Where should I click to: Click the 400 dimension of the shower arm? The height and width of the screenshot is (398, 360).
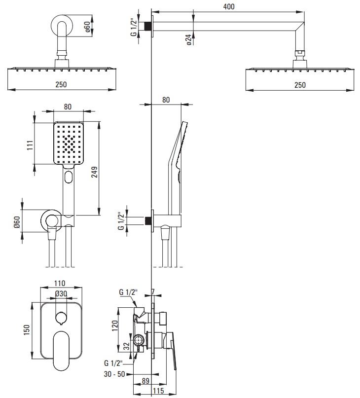tap(228, 6)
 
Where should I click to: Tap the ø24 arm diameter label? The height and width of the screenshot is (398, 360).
tap(189, 40)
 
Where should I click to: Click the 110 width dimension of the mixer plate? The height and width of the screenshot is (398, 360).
tap(60, 284)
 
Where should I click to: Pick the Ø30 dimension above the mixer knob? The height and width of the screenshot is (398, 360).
tap(61, 293)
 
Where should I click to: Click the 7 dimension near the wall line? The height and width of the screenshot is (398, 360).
tap(153, 292)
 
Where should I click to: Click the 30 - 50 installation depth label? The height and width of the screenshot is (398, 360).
tap(114, 375)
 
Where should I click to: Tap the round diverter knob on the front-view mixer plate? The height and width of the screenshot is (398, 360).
tap(61, 317)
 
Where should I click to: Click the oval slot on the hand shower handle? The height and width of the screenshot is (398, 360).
tap(69, 176)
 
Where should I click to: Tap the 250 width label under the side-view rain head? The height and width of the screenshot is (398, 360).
tap(300, 85)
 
